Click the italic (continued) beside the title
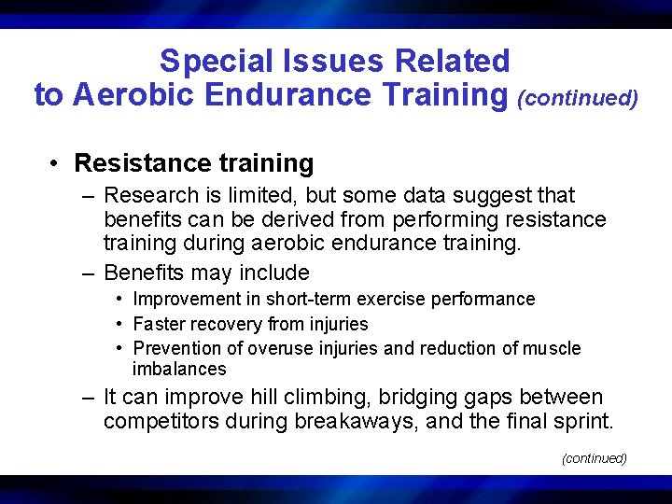(x=578, y=98)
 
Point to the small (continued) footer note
(x=594, y=458)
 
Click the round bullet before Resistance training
(x=57, y=163)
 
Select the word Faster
(x=160, y=325)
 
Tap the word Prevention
(x=176, y=349)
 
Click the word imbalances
(x=179, y=369)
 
